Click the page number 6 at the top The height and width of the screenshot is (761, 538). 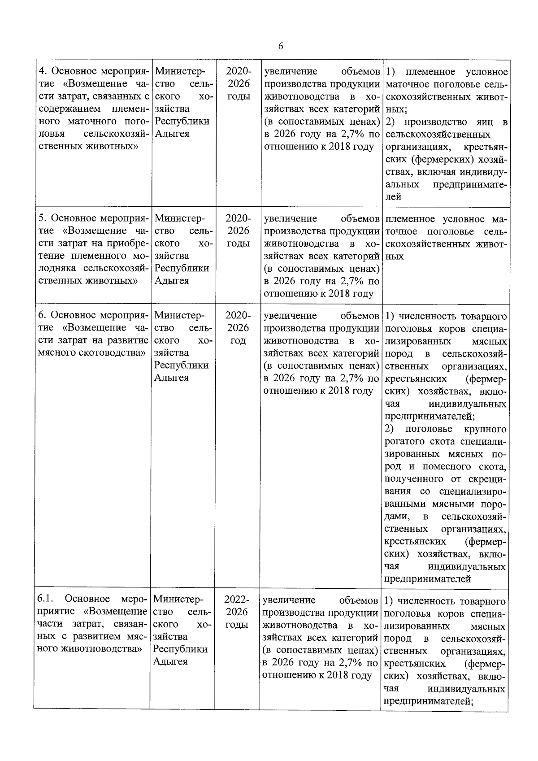(x=280, y=46)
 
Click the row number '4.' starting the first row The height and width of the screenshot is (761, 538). (x=43, y=71)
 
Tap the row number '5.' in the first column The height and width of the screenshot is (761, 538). (x=43, y=218)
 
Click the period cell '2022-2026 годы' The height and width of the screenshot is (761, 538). (x=237, y=612)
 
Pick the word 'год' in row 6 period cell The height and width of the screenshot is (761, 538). (x=238, y=340)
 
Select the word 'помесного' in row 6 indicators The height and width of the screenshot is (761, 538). (x=441, y=466)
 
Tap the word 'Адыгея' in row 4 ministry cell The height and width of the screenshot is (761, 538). (x=172, y=134)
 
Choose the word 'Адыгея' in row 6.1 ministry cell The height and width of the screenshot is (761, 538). (x=171, y=661)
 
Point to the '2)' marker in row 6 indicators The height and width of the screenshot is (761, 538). (x=390, y=429)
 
